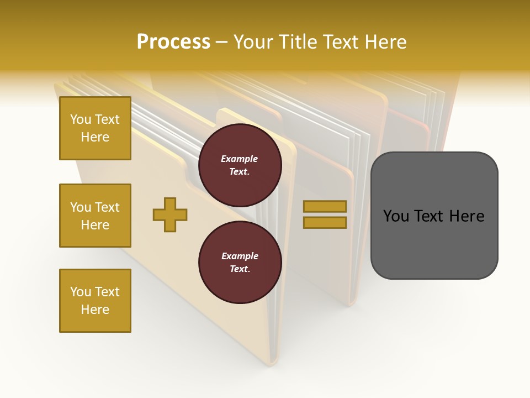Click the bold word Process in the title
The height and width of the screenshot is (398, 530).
(173, 42)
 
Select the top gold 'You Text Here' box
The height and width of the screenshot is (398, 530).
(95, 128)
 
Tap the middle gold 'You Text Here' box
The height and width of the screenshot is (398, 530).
(95, 216)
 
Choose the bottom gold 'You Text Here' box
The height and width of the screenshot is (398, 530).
(95, 301)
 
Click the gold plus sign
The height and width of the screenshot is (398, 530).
(170, 214)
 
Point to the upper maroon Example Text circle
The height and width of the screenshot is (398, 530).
(240, 165)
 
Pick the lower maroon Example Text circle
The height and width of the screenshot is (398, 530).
(240, 263)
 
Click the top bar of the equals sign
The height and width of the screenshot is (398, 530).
(325, 206)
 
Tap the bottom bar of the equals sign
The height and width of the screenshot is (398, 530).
(325, 222)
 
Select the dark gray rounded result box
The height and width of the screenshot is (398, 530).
(434, 216)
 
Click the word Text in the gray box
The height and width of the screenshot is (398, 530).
(429, 216)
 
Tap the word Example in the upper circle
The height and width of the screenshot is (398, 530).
(240, 159)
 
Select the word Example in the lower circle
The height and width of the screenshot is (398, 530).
(240, 256)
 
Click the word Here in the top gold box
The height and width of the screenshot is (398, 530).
(95, 137)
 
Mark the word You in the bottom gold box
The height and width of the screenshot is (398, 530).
(80, 292)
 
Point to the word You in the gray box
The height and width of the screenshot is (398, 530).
(396, 216)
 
